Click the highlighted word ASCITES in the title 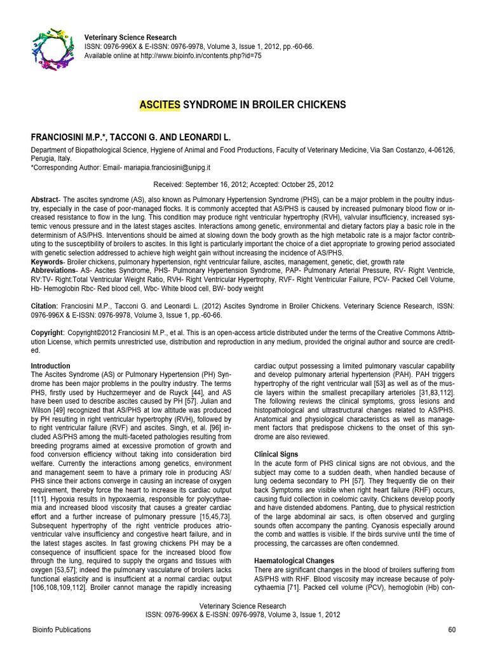(160, 104)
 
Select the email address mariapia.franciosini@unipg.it (162, 167)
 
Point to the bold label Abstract (44, 200)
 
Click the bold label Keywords (47, 261)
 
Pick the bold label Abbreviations (53, 270)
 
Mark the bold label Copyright (47, 333)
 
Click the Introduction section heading (50, 366)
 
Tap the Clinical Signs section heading (276, 455)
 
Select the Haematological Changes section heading (294, 561)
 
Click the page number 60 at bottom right (452, 630)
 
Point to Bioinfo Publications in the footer (61, 630)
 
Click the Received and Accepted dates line (243, 184)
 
